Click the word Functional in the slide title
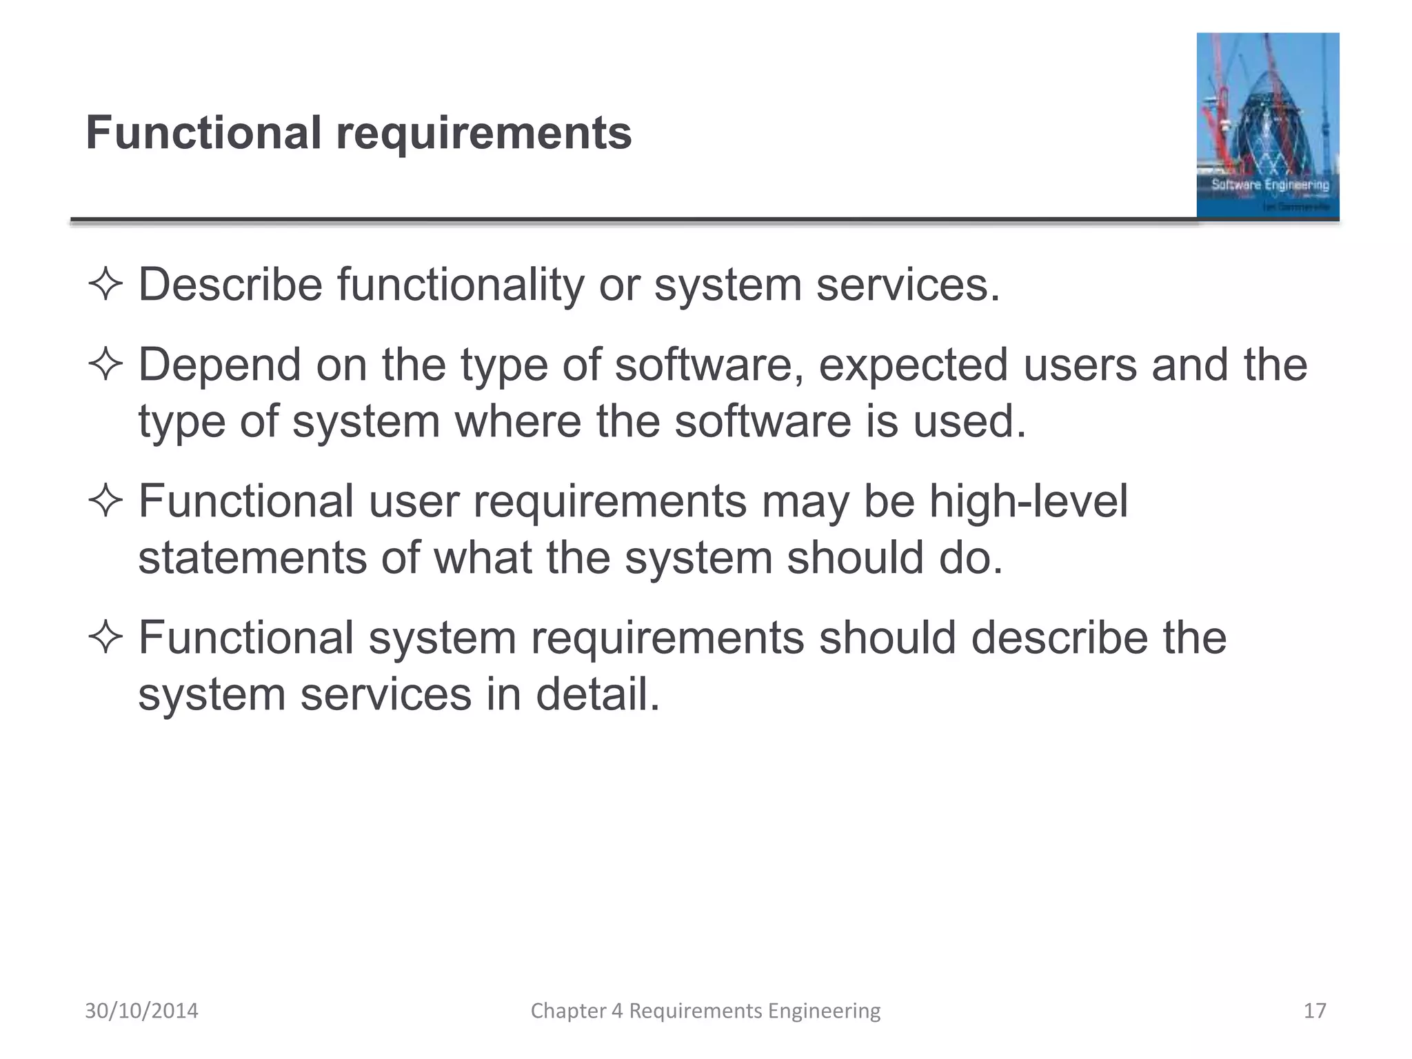pyautogui.click(x=203, y=133)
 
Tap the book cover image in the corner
pyautogui.click(x=1267, y=125)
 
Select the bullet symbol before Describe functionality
pyautogui.click(x=105, y=285)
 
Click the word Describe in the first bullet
pyautogui.click(x=230, y=285)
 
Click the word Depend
pyautogui.click(x=219, y=365)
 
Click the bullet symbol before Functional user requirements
pyautogui.click(x=105, y=501)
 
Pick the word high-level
pyautogui.click(x=1028, y=501)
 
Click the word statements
pyautogui.click(x=252, y=558)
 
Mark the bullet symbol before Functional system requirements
pyautogui.click(x=105, y=638)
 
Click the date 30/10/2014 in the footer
pyautogui.click(x=141, y=1011)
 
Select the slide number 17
pyautogui.click(x=1315, y=1011)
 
